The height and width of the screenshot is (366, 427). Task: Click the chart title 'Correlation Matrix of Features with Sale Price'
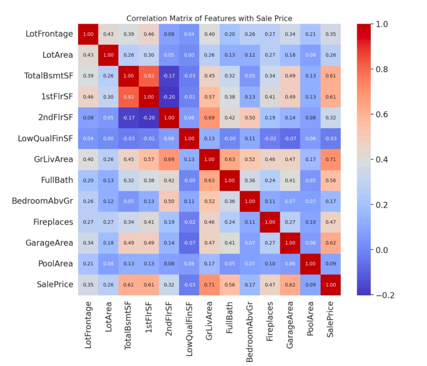209,18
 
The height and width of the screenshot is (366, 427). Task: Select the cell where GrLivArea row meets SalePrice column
330,159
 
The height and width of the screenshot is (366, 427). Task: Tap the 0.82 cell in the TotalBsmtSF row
148,76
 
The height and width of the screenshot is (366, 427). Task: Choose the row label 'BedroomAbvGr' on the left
43,201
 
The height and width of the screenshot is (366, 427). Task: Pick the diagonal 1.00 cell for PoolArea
310,264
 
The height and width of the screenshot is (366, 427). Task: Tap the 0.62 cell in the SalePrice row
290,285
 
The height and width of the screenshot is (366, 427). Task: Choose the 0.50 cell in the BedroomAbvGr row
169,201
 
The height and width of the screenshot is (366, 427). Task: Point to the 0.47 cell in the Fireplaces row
330,222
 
